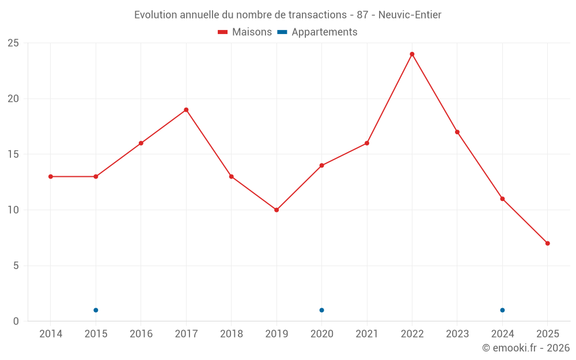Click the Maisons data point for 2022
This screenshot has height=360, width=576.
pos(412,54)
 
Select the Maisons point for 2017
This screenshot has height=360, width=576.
pos(186,109)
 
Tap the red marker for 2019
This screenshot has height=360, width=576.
pos(276,210)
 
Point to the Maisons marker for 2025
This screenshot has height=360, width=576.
pos(547,243)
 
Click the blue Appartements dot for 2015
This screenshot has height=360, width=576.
pos(96,310)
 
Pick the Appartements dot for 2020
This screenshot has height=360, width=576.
pos(321,310)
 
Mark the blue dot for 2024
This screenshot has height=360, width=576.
pos(502,310)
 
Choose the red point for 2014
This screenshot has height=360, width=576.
pos(51,176)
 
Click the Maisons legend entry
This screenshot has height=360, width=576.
pos(245,32)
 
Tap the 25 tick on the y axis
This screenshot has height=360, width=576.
pos(13,43)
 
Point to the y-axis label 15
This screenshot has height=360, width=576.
pos(13,154)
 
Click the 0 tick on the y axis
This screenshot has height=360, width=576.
pos(16,321)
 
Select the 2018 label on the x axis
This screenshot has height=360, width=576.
pos(231,334)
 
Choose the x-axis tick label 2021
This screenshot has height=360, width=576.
pos(367,334)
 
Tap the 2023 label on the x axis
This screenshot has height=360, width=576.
pos(457,334)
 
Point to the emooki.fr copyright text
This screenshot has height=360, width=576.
pos(526,348)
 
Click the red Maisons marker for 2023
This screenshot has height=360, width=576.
pos(457,132)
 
